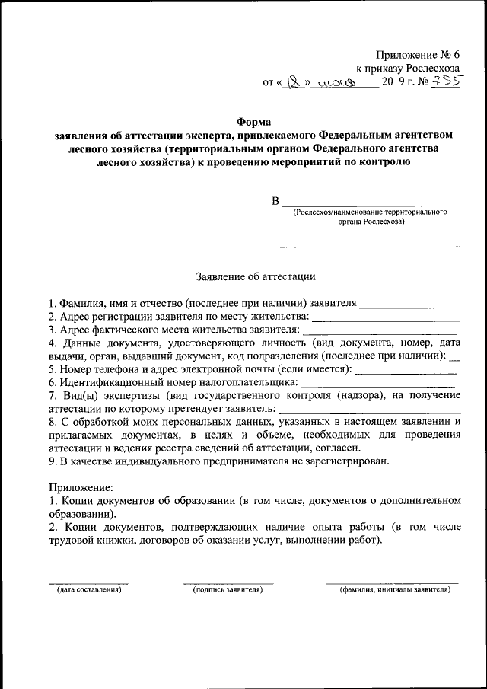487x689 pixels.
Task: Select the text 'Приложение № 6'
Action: pos(419,54)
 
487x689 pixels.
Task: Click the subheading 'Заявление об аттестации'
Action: pos(255,277)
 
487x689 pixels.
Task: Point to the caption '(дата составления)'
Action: pos(84,589)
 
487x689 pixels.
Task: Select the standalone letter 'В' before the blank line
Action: pos(275,201)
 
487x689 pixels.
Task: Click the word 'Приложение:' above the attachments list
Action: pos(81,486)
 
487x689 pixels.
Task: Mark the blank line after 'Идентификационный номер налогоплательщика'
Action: pos(377,388)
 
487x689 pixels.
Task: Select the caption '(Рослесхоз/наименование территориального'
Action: pos(370,212)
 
